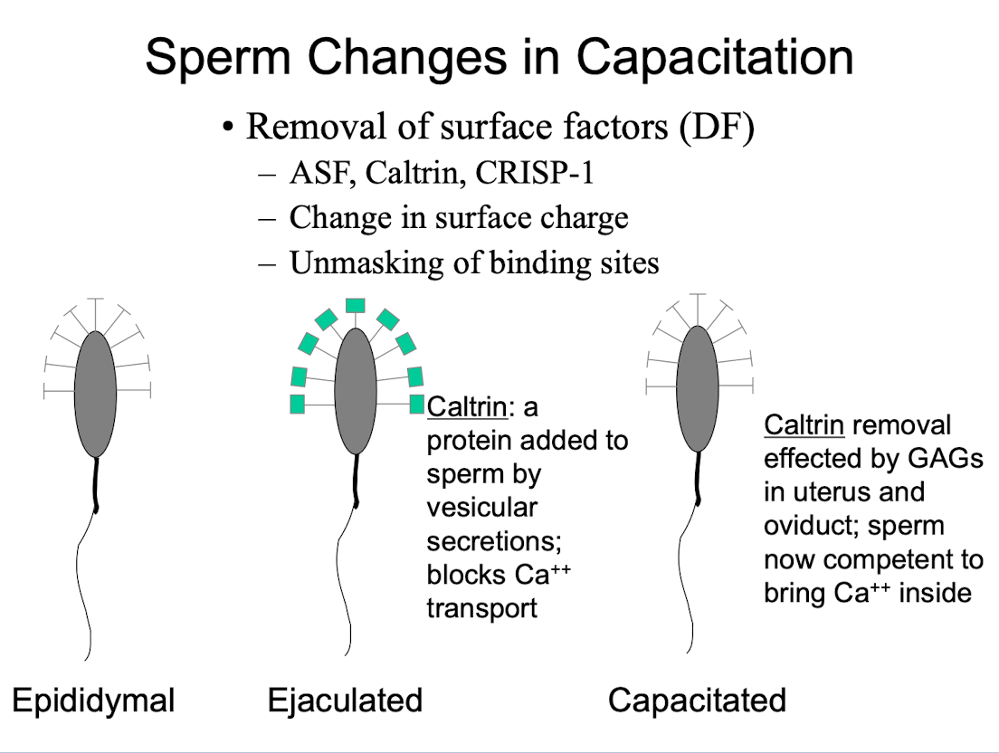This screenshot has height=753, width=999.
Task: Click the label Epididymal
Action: click(x=92, y=701)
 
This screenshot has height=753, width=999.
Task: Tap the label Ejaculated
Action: click(x=345, y=701)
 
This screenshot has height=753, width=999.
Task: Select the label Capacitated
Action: click(x=697, y=701)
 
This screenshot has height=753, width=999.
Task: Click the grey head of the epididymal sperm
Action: click(x=95, y=394)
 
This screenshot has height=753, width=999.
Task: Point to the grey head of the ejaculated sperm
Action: click(x=355, y=391)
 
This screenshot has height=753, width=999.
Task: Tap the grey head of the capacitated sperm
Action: click(x=698, y=388)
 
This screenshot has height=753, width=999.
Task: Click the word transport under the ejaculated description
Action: click(x=481, y=607)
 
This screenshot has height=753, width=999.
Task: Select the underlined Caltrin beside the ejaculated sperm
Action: click(x=467, y=407)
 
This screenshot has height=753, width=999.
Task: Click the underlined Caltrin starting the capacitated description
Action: click(x=804, y=425)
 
